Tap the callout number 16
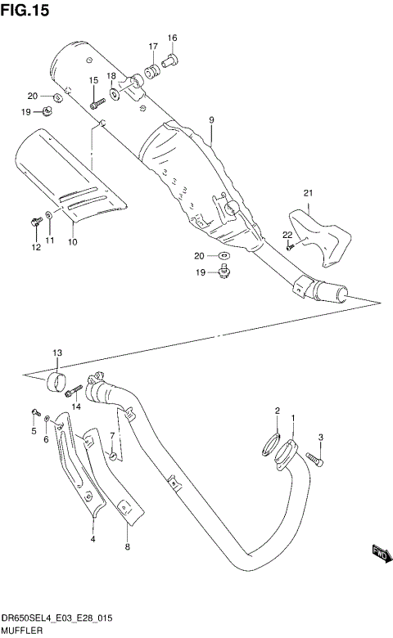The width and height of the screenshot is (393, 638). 173,38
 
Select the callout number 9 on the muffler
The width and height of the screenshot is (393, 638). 211,120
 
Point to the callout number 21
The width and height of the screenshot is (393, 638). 308,193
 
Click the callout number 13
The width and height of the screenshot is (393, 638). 57,353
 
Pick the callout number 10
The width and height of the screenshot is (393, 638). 72,242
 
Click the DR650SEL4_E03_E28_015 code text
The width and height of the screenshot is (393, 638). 57,618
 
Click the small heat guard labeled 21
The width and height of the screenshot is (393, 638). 318,233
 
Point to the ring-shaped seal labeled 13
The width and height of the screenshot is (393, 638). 57,382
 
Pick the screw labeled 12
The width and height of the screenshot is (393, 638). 36,222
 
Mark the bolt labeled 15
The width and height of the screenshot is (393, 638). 97,102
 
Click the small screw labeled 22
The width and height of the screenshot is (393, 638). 291,248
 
